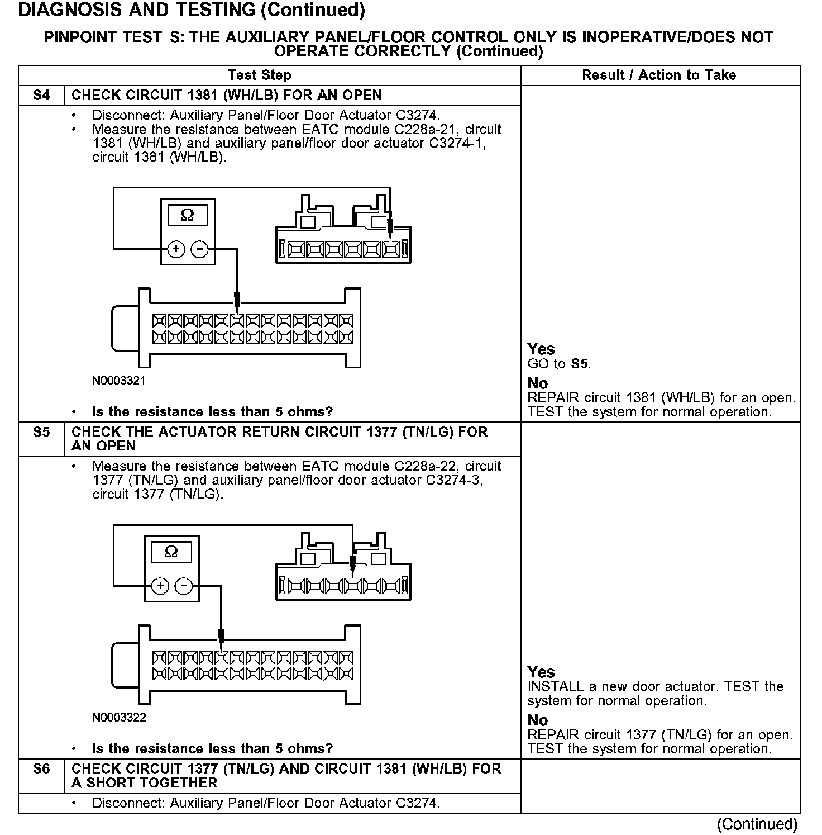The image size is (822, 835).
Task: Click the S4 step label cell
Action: pyautogui.click(x=41, y=96)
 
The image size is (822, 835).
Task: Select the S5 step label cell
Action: pyautogui.click(x=41, y=433)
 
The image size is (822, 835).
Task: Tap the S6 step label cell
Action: pyautogui.click(x=41, y=769)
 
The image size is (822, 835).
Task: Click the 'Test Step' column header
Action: pyautogui.click(x=259, y=75)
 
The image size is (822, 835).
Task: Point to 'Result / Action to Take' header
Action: pyautogui.click(x=659, y=75)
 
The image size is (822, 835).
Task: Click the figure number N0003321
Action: pyautogui.click(x=118, y=381)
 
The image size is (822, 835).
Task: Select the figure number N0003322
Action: pyautogui.click(x=119, y=718)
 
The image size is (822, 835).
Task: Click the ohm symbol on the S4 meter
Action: pyautogui.click(x=188, y=215)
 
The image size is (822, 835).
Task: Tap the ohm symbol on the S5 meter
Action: pyautogui.click(x=171, y=552)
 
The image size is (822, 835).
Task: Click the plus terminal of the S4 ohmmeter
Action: pyautogui.click(x=176, y=249)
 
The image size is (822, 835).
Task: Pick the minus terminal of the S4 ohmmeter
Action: pyautogui.click(x=199, y=249)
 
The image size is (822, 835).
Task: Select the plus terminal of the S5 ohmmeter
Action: pyautogui.click(x=160, y=586)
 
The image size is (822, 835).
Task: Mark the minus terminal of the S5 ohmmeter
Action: pyautogui.click(x=184, y=586)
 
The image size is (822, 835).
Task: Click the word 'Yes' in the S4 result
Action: pyautogui.click(x=541, y=349)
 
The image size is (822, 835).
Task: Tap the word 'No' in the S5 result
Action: pyautogui.click(x=538, y=720)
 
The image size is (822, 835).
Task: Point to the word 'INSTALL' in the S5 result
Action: pyautogui.click(x=556, y=687)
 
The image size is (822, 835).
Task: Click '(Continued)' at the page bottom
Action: pyautogui.click(x=757, y=824)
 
